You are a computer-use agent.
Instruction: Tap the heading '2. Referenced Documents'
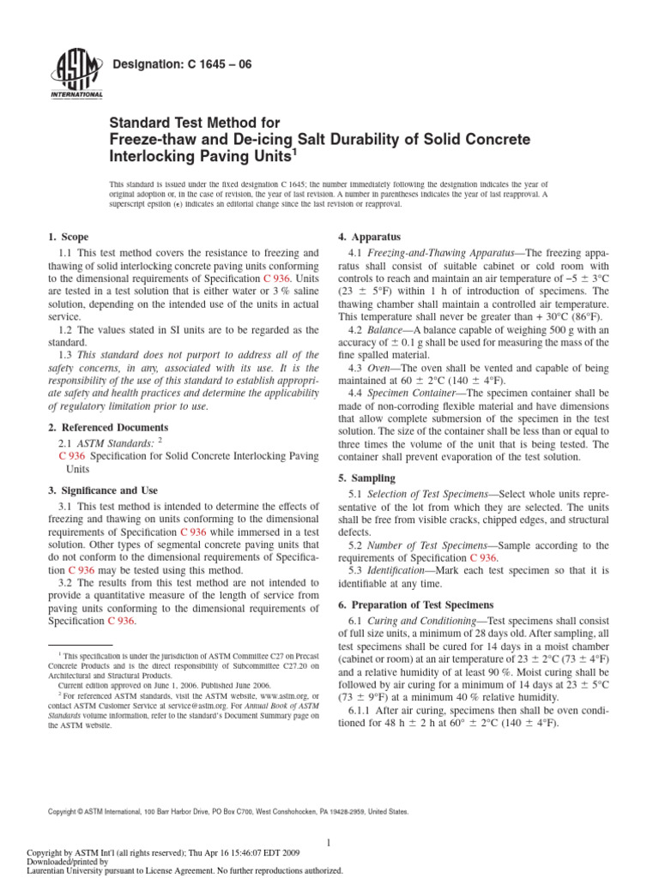tap(106, 427)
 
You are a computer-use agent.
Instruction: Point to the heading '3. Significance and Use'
tap(102, 490)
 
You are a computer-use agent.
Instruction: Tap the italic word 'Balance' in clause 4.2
tap(387, 330)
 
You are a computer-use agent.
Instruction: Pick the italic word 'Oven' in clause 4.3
tap(381, 367)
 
